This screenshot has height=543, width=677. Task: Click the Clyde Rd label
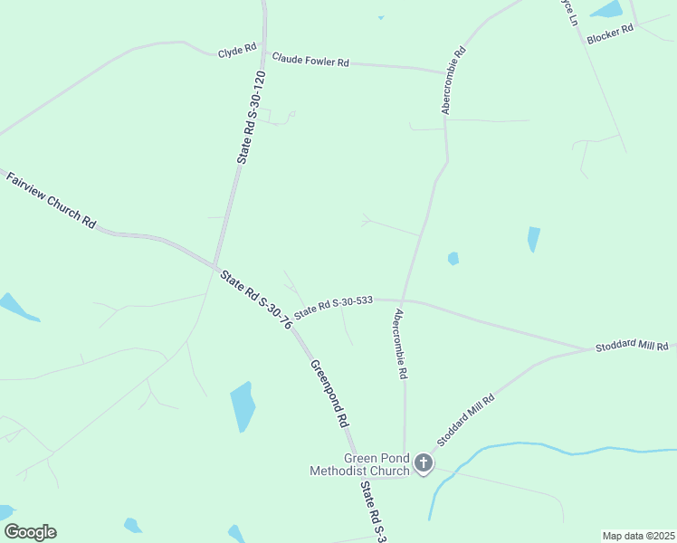(237, 52)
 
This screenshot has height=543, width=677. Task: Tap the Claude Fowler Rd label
(310, 62)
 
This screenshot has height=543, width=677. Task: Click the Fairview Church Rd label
(51, 200)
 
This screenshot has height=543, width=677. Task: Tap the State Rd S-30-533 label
(334, 305)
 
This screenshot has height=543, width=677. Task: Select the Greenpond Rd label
(329, 394)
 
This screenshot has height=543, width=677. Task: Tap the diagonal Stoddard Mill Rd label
(465, 419)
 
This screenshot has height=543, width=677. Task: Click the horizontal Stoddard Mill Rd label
(631, 347)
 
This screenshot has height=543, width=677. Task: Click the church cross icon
(422, 464)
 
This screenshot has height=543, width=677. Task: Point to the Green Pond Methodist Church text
(359, 464)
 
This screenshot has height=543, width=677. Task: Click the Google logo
(30, 532)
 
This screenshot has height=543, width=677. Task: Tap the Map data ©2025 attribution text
(638, 535)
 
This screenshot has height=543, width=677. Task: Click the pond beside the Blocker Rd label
(606, 10)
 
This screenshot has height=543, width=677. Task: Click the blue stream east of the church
(543, 447)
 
